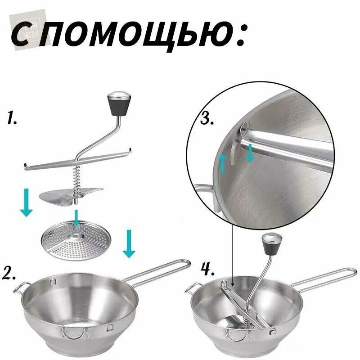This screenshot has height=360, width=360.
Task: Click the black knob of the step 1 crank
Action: click(119, 104)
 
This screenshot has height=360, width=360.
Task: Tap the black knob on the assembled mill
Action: click(272, 242)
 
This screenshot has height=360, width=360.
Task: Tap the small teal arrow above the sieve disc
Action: click(76, 218)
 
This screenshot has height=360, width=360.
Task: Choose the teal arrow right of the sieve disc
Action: click(129, 243)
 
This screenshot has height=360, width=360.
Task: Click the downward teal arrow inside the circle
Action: click(250, 153)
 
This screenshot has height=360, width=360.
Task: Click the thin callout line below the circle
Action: click(232, 252)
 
